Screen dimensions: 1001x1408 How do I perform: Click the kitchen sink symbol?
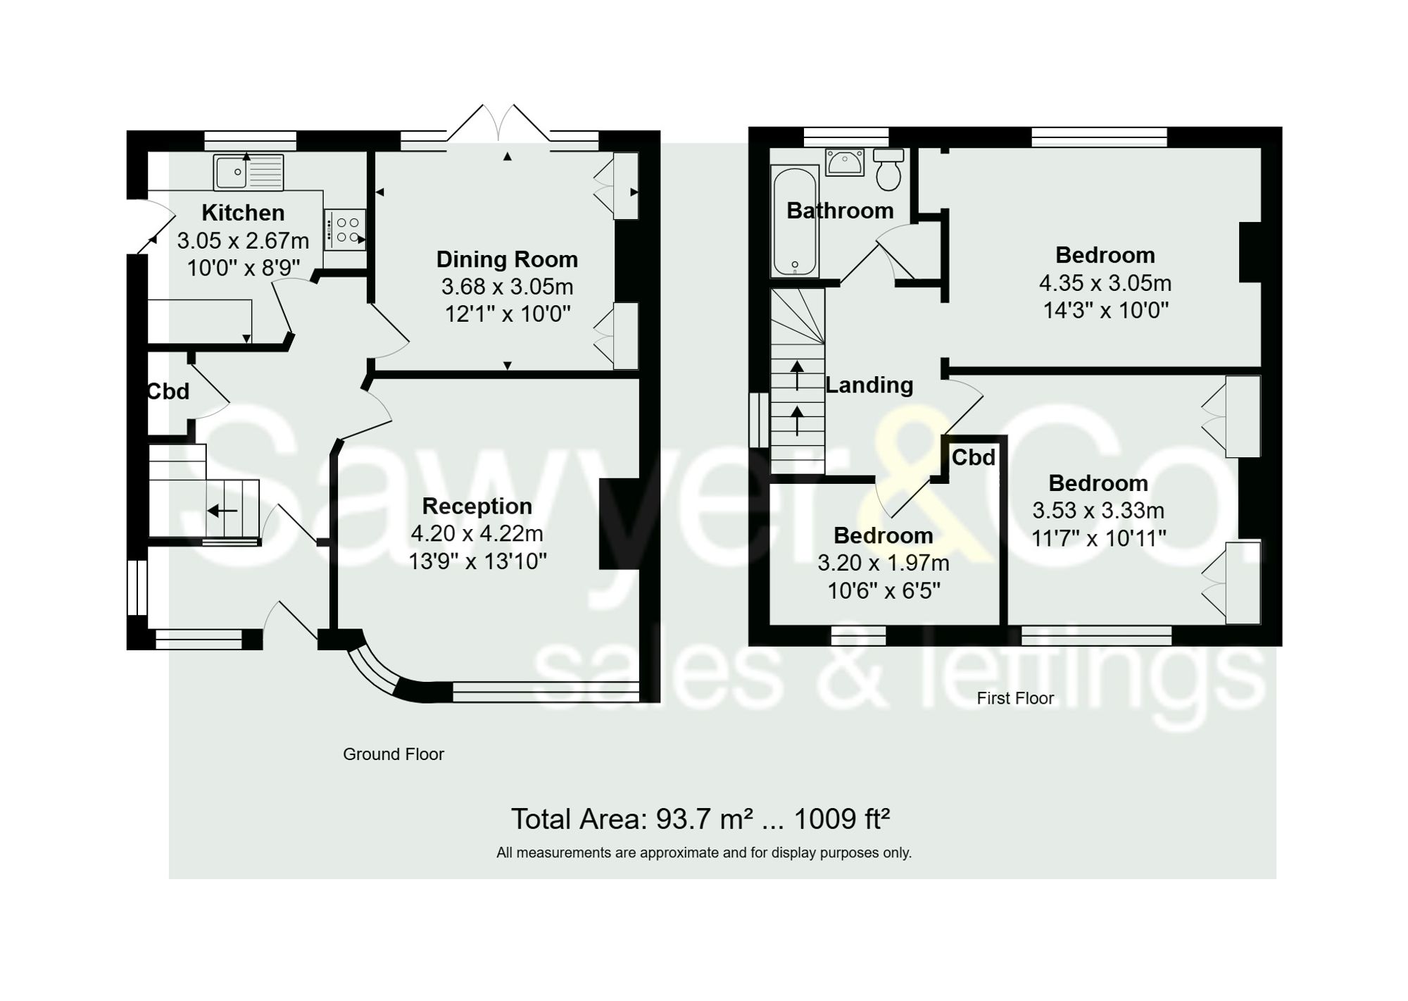click(249, 173)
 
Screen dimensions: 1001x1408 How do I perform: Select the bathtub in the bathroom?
click(795, 221)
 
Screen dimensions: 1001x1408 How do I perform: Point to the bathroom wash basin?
click(845, 163)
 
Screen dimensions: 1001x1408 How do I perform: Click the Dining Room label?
click(507, 259)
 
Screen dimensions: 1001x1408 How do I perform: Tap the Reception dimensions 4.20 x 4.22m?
click(477, 533)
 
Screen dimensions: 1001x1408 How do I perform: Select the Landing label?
click(869, 385)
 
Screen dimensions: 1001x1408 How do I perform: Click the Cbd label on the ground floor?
click(168, 391)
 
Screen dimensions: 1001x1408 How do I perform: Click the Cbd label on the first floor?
click(974, 457)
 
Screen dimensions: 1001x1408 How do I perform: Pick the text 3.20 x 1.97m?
click(884, 563)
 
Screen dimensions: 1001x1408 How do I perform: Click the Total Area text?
click(700, 819)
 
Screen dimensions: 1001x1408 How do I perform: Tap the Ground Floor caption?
click(393, 754)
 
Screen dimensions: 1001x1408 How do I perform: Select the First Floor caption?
click(1015, 698)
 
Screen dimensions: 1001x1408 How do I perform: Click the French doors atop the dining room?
click(498, 125)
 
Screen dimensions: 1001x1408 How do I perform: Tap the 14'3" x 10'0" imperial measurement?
click(1105, 310)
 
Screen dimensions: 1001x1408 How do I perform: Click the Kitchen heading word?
click(243, 213)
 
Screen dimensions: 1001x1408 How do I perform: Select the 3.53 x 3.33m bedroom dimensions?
click(1098, 510)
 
